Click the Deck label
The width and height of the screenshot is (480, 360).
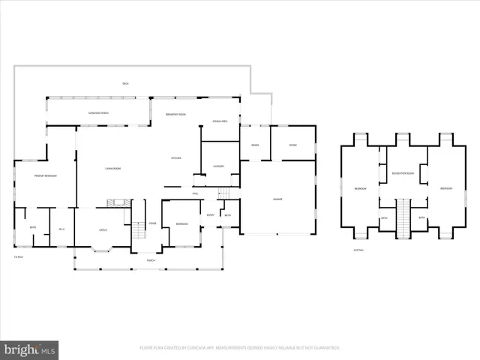[126, 83]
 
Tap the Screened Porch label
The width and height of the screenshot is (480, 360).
[90, 113]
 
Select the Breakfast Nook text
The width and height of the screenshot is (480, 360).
[176, 114]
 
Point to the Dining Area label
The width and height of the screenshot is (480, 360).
[220, 121]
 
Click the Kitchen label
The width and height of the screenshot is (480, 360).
[177, 158]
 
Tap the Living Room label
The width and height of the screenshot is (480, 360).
[114, 167]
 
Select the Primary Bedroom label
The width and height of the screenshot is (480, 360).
[46, 175]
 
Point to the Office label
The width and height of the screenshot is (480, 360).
[103, 230]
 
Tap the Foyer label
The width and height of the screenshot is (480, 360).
[151, 223]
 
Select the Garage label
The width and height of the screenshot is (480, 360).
[277, 199]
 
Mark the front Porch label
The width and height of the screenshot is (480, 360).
[151, 261]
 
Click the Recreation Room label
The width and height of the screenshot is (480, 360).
[403, 173]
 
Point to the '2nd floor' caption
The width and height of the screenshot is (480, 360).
[358, 250]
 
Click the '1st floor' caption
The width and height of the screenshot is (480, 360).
[19, 256]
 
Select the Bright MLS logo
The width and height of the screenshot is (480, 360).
[29, 349]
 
